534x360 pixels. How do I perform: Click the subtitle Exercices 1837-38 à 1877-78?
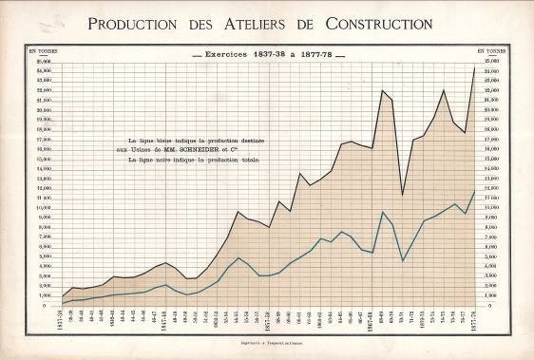266,56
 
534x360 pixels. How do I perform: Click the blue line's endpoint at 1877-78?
475,191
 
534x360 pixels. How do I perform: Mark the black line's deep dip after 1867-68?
403,195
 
